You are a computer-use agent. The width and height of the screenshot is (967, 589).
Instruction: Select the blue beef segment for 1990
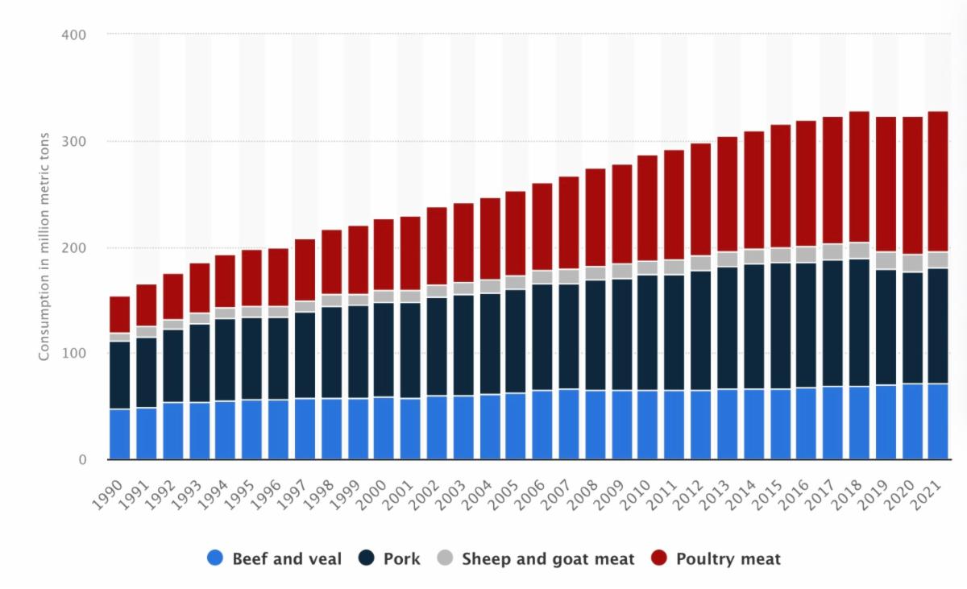coord(119,434)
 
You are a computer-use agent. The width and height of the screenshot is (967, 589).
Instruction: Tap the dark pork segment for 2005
coord(516,341)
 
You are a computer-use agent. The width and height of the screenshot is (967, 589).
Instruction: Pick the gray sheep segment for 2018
coord(858,251)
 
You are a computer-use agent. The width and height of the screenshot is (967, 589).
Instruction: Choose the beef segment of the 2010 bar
coord(647,425)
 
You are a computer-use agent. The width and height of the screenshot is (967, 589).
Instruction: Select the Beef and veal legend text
coord(287,558)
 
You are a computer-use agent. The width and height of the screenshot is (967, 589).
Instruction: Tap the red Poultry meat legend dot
coord(661,558)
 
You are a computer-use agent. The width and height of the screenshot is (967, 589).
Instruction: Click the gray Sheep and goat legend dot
coord(446,558)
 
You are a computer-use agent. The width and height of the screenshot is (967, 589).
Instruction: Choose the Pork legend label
coord(401,558)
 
